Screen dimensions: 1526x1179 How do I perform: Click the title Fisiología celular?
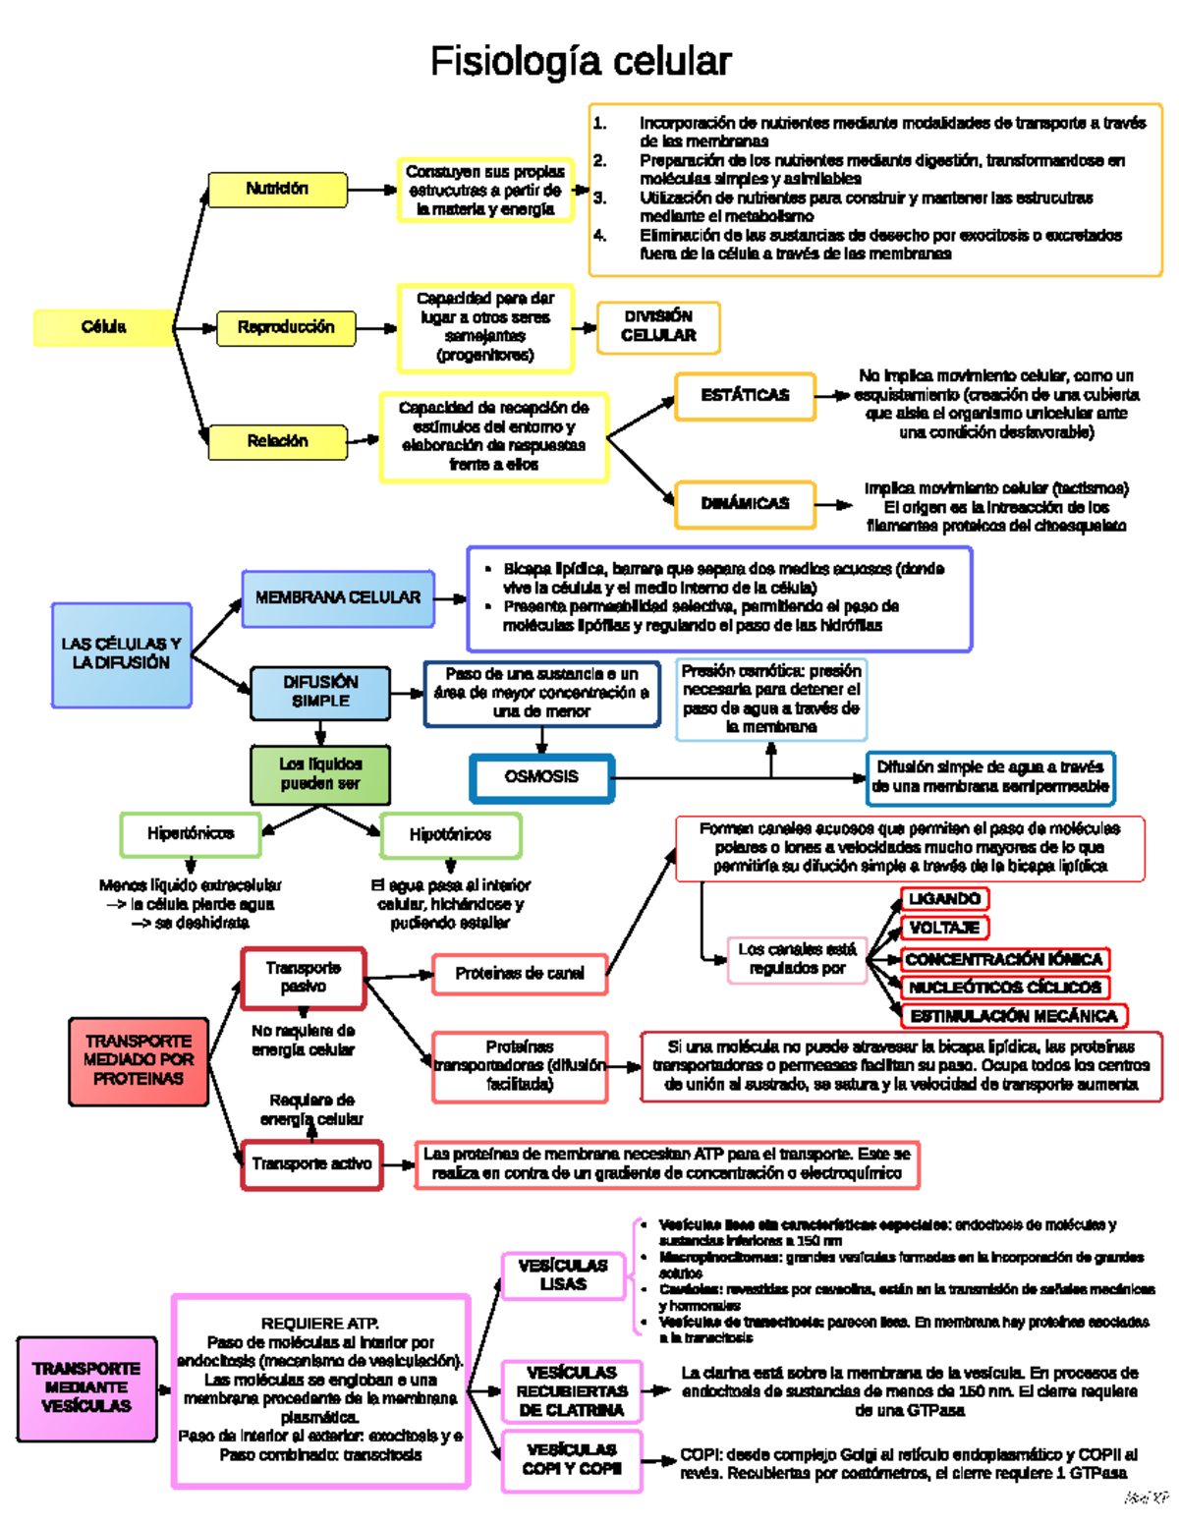581,62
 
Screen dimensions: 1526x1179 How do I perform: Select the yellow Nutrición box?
277,190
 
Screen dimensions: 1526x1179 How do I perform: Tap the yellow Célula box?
103,327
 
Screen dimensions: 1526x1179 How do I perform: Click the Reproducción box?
285,327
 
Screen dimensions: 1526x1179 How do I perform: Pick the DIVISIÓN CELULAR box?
658,326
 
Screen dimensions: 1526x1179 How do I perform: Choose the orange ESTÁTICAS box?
745,395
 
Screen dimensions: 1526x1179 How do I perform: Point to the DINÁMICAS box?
745,503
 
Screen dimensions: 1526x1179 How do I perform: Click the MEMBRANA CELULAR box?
337,597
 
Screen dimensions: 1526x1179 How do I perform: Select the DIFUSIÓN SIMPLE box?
320,692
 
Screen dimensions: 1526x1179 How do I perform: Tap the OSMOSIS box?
541,777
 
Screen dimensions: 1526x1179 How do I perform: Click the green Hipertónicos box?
191,834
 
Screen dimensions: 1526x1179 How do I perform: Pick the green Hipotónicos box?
450,834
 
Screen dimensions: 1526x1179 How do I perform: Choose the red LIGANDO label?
944,899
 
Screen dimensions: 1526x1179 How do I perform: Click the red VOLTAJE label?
944,928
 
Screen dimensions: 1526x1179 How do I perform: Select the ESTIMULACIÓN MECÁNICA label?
1013,1016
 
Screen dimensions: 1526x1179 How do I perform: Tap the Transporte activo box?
311,1164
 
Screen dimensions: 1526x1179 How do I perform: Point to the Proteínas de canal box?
519,974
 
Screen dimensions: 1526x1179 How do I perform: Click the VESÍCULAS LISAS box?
563,1275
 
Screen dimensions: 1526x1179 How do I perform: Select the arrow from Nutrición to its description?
371,190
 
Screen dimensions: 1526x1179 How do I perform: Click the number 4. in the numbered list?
599,236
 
